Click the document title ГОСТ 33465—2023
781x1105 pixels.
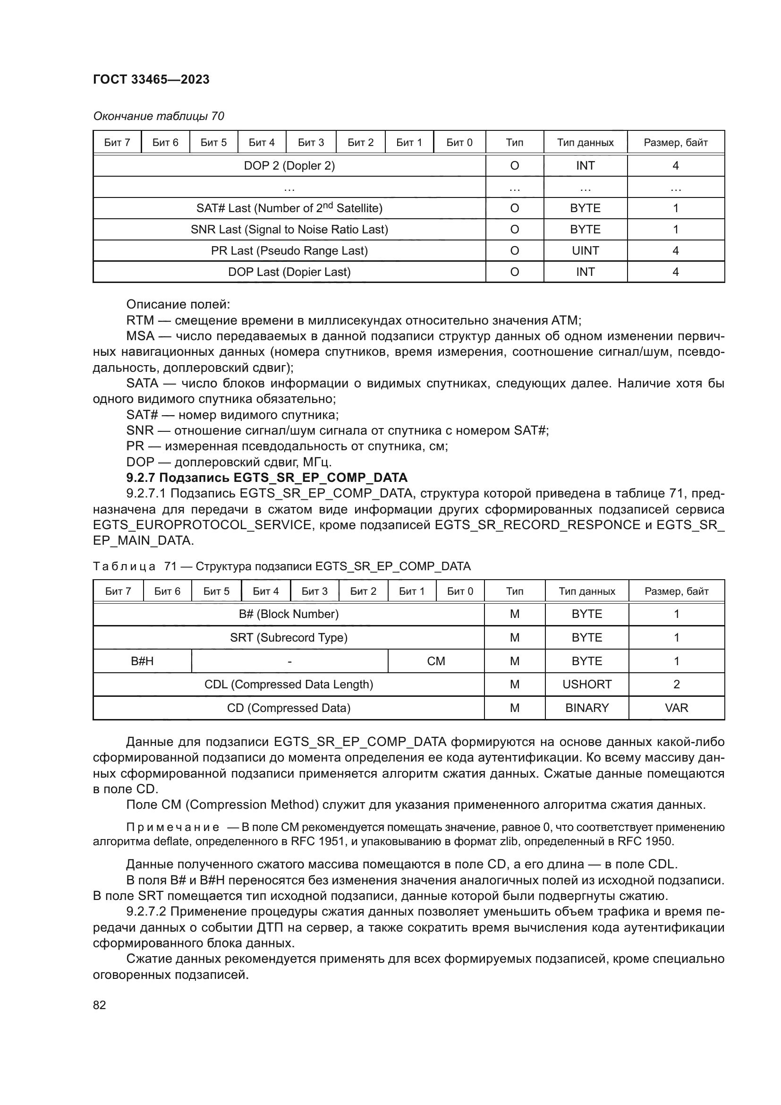[x=151, y=79]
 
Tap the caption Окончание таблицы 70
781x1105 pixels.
[x=158, y=116]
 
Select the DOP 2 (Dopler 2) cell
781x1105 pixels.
[x=289, y=165]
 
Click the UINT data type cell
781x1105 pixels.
[x=585, y=251]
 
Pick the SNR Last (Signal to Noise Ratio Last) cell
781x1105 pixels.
[x=289, y=230]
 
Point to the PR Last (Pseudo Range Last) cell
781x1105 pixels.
[x=289, y=251]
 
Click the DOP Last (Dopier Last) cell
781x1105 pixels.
[x=289, y=272]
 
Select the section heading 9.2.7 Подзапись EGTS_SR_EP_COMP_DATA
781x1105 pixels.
[x=266, y=478]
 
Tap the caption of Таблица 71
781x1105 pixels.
[x=281, y=566]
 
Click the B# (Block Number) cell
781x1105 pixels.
[x=289, y=614]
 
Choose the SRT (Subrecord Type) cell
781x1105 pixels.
[x=289, y=638]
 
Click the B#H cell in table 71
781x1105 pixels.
[x=142, y=661]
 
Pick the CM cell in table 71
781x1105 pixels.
[x=436, y=661]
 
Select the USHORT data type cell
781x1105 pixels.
[x=587, y=685]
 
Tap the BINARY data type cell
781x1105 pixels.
[x=587, y=708]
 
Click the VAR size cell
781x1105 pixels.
[x=676, y=708]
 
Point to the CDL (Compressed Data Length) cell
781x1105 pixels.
[x=289, y=685]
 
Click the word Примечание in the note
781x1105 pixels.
[x=173, y=827]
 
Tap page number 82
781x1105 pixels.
[x=100, y=1005]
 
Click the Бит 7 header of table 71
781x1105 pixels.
[x=118, y=591]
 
